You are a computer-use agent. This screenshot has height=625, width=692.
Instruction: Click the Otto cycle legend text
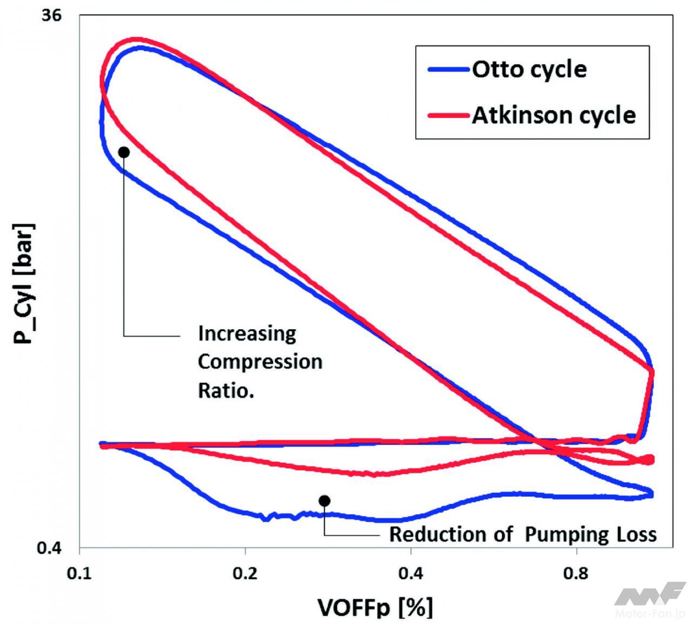pos(529,69)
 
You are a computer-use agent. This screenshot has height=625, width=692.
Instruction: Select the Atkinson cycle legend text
pos(553,115)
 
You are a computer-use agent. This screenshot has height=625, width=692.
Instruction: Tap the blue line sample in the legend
pos(449,69)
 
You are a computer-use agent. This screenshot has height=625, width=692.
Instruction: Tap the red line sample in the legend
pos(449,115)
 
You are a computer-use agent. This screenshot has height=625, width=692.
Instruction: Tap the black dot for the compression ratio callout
pos(124,152)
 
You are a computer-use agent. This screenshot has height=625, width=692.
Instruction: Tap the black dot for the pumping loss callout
pos(324,501)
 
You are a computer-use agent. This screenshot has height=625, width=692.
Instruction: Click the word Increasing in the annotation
pos(247,334)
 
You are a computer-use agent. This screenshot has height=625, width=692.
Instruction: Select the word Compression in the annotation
pos(260,361)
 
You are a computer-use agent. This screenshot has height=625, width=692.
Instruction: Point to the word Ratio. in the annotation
pos(226,390)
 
